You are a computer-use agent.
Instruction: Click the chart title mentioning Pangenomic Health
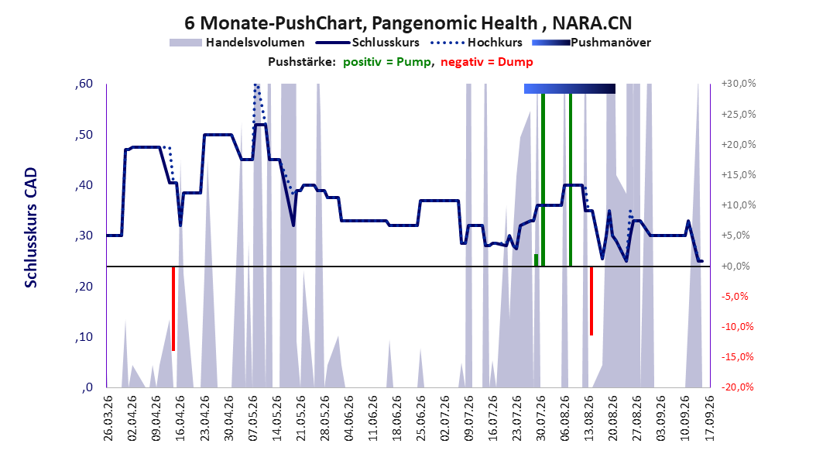point(408,23)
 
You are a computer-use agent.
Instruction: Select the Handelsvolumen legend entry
point(238,43)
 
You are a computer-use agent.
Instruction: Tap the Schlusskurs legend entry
point(368,43)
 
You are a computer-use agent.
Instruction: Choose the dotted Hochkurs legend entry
point(476,43)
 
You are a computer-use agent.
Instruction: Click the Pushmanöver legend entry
point(591,43)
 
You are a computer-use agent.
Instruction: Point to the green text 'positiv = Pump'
point(386,62)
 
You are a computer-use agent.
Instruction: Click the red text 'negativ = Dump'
point(487,62)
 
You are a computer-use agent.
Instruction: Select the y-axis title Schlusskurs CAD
point(31,228)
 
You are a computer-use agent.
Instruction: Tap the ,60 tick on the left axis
point(84,84)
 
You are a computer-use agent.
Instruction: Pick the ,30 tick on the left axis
point(84,236)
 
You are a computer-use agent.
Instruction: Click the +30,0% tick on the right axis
point(739,84)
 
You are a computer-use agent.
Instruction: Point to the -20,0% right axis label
point(739,387)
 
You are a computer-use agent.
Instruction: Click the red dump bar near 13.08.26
point(591,301)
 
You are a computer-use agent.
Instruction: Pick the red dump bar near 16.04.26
point(173,309)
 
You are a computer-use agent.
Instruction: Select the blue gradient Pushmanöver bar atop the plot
point(569,88)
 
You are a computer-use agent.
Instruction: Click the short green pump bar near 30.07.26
point(536,260)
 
